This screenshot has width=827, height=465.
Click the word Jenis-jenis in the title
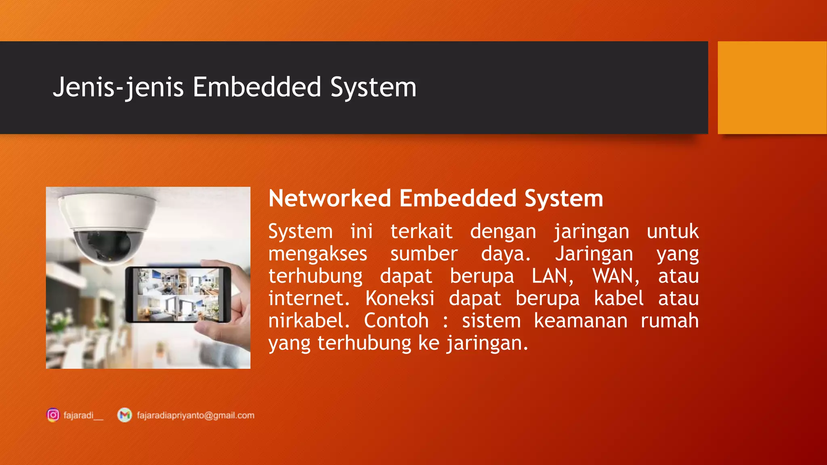tap(118, 88)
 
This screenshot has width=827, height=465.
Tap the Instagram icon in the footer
tap(53, 415)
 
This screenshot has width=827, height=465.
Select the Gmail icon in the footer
tap(124, 415)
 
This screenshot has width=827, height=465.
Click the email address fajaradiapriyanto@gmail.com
tap(195, 415)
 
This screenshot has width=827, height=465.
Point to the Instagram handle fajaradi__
tap(83, 415)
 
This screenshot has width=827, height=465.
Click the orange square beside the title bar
tap(772, 88)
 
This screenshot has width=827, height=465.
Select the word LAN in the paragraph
tap(552, 276)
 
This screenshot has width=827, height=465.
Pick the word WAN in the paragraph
tap(615, 276)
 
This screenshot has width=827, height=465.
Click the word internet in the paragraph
tap(309, 299)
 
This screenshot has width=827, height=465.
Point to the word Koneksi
tap(400, 299)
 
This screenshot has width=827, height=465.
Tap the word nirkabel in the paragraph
tap(309, 321)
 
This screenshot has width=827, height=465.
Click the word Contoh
tap(396, 321)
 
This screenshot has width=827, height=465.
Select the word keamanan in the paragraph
tap(581, 321)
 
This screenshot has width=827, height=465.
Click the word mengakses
tap(318, 254)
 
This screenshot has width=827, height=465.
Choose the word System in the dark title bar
tap(373, 88)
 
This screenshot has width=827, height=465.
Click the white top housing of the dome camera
tap(107, 210)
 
